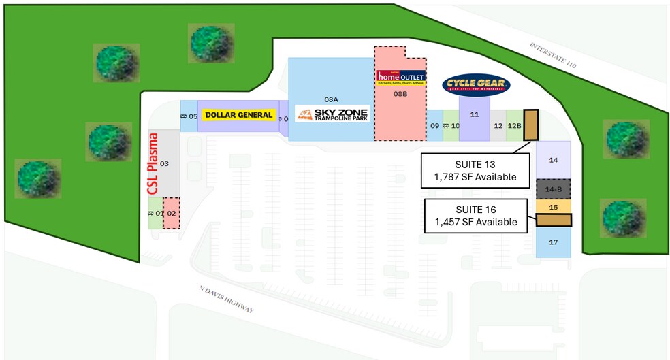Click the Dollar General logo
click(238, 115)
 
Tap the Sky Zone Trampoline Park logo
click(332, 114)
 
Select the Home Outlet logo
click(401, 78)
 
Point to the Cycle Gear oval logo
click(476, 84)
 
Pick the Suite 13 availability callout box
click(475, 171)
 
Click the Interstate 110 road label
click(553, 56)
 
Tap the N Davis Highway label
click(226, 300)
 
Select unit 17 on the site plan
click(553, 242)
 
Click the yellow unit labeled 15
click(553, 206)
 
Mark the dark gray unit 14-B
click(553, 189)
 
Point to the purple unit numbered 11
click(475, 114)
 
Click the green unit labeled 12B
click(514, 125)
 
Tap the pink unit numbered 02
click(172, 213)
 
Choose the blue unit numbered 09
click(434, 125)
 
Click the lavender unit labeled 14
click(553, 160)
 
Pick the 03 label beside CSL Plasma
click(164, 164)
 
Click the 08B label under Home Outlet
click(400, 94)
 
